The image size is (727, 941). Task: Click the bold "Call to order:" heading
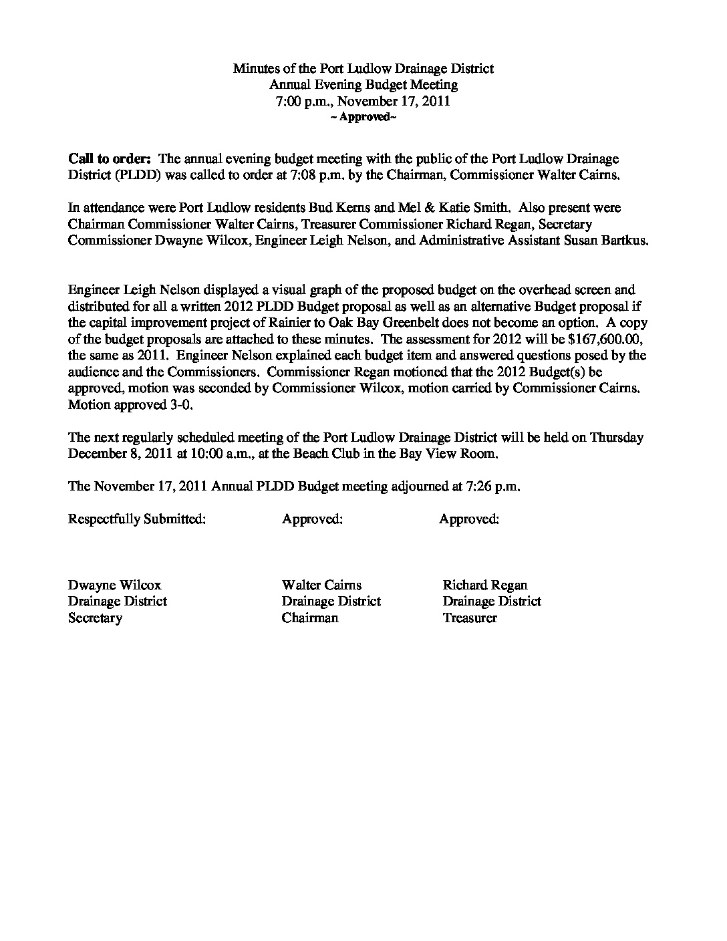(x=110, y=159)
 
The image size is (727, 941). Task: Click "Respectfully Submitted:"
(x=136, y=519)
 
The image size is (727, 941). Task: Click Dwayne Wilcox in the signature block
(x=114, y=585)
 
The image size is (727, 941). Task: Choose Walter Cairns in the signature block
(x=321, y=585)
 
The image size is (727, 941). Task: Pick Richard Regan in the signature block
(x=484, y=585)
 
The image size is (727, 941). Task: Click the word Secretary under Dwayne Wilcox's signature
(x=95, y=618)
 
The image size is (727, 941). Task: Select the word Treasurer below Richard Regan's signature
(x=469, y=618)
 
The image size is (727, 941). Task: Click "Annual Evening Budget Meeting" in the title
(x=363, y=85)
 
